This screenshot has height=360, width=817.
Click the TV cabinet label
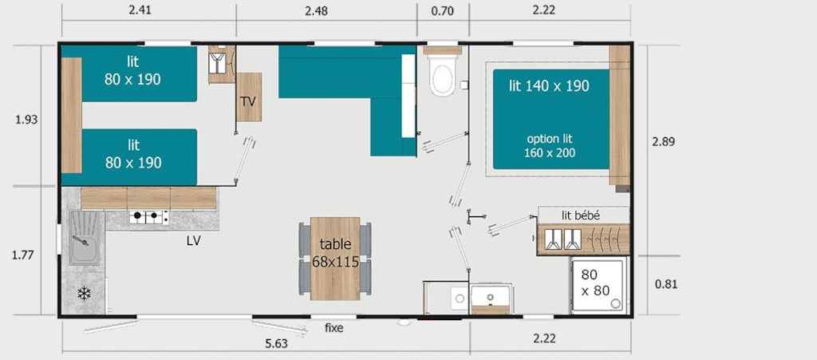pyautogui.click(x=249, y=101)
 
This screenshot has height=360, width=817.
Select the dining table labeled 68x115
pyautogui.click(x=335, y=259)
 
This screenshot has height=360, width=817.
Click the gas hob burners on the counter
pyautogui.click(x=148, y=217)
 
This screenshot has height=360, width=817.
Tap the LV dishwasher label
pyautogui.click(x=194, y=241)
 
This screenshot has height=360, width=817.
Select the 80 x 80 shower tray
pyautogui.click(x=598, y=285)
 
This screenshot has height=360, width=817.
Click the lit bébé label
pyautogui.click(x=581, y=216)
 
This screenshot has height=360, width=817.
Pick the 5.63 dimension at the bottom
pyautogui.click(x=276, y=343)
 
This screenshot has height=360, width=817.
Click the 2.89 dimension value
pyautogui.click(x=663, y=141)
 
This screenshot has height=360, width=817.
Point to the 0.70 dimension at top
pyautogui.click(x=443, y=10)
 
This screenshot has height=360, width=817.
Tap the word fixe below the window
pyautogui.click(x=334, y=328)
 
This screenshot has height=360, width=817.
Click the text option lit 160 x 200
pyautogui.click(x=550, y=146)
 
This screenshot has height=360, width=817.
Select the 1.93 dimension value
pyautogui.click(x=26, y=119)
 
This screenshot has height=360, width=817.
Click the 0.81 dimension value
pyautogui.click(x=665, y=284)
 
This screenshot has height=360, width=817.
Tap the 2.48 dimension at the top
pyautogui.click(x=317, y=10)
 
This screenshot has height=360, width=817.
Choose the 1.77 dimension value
pyautogui.click(x=23, y=255)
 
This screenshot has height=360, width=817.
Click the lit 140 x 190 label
pyautogui.click(x=549, y=86)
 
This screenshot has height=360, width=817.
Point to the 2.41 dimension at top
pyautogui.click(x=140, y=10)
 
